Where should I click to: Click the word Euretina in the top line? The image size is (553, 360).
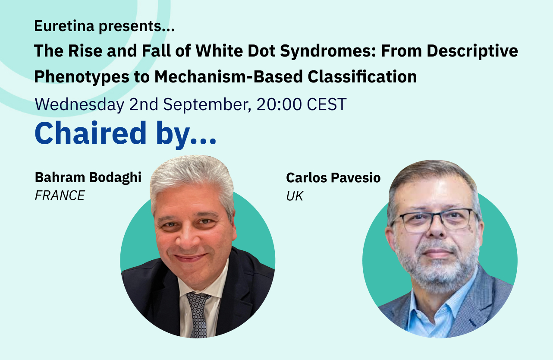64,26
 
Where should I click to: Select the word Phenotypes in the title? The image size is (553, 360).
82,76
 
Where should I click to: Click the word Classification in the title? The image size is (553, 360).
362,76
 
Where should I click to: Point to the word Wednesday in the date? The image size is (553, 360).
79,104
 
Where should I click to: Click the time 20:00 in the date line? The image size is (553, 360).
279,104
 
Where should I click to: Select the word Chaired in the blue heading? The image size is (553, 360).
91,133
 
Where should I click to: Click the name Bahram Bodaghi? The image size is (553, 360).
88,177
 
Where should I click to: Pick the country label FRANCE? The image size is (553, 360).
60,196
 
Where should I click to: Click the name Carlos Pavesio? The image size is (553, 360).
333,177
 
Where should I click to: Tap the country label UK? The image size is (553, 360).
295,196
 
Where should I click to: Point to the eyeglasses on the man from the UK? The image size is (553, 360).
435,220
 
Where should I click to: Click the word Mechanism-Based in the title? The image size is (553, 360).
229,76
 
